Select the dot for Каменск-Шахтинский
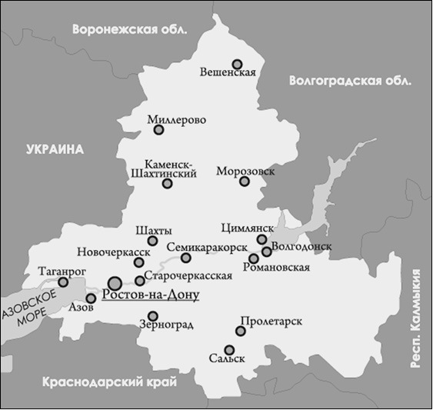[167, 183]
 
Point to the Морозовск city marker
[245, 182]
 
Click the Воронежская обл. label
[129, 30]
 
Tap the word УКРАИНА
[53, 148]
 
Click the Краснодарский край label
[110, 382]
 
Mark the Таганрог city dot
[64, 282]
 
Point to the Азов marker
[91, 298]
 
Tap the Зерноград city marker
[153, 315]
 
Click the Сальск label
[226, 358]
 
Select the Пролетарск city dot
[241, 332]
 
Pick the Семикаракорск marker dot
[186, 258]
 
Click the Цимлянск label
[247, 228]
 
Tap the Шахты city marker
[153, 242]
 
